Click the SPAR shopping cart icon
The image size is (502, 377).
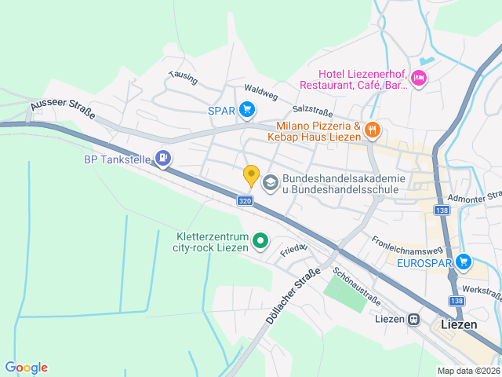tap(247, 110)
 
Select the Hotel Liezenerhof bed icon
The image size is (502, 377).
tap(419, 78)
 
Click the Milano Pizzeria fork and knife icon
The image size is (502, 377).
tap(373, 130)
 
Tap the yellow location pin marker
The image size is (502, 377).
tap(251, 176)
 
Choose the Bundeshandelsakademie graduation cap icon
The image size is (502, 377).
tap(271, 183)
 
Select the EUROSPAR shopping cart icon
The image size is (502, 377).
tap(463, 262)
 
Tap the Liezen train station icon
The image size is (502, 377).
tap(413, 320)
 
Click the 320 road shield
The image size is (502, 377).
tap(246, 202)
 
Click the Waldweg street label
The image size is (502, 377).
tap(261, 93)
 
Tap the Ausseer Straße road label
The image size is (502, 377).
tap(63, 110)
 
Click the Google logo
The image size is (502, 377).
tap(26, 368)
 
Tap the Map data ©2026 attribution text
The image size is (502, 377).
tap(467, 371)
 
